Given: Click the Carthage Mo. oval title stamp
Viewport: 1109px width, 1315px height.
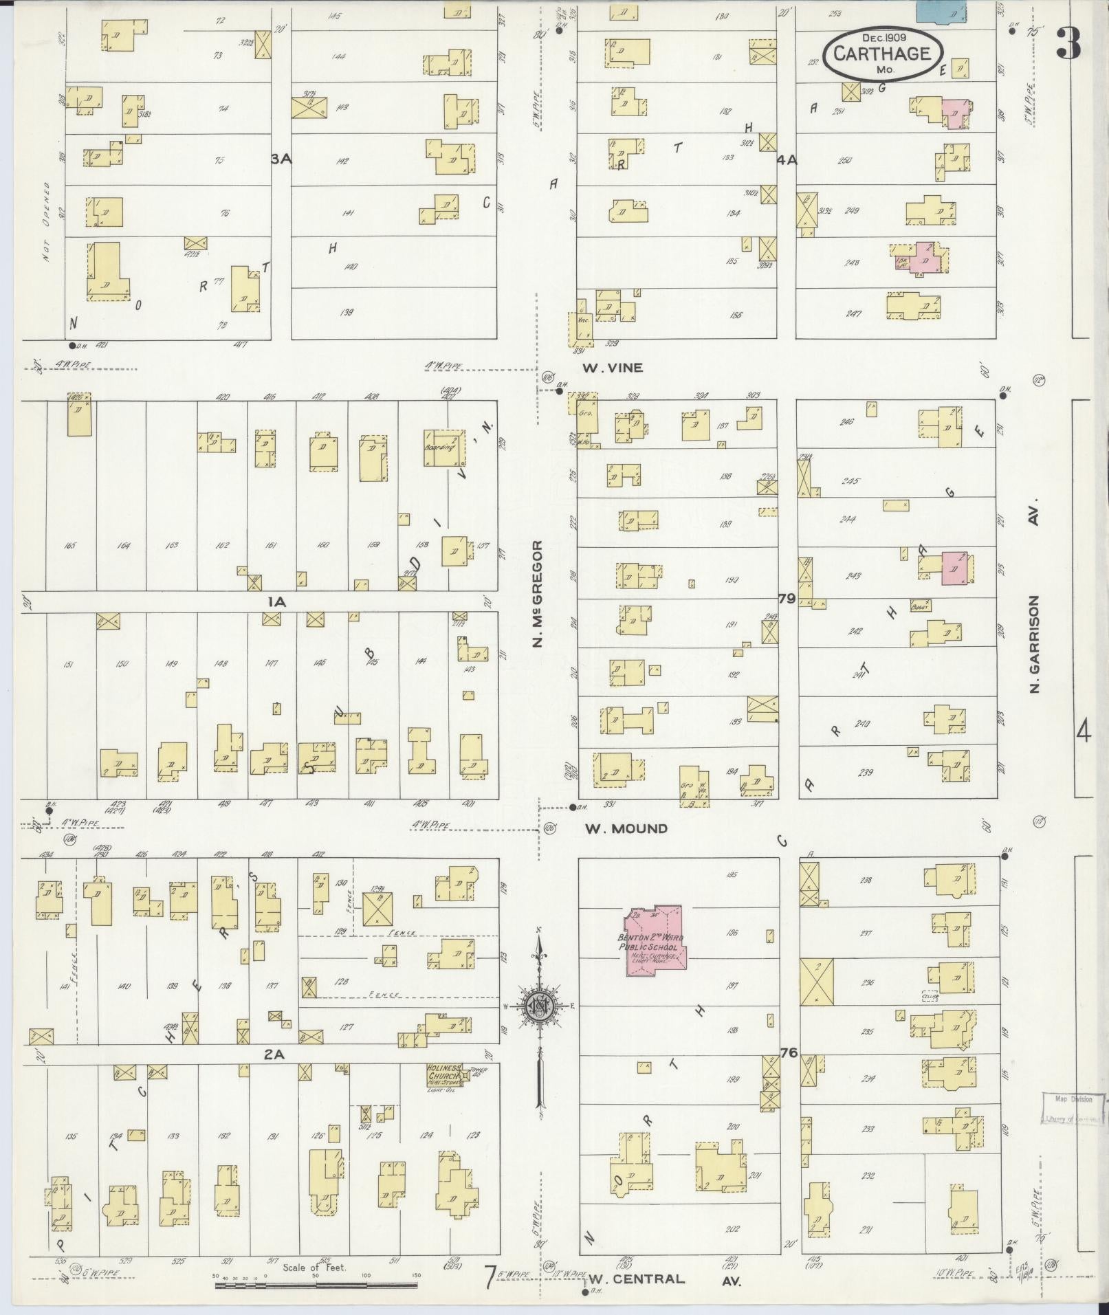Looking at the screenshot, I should [x=883, y=53].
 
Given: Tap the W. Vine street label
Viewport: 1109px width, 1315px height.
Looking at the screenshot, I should [x=613, y=368].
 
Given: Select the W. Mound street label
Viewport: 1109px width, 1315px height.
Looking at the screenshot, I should [x=626, y=828].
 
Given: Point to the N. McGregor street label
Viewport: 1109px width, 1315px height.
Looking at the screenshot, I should [x=538, y=593].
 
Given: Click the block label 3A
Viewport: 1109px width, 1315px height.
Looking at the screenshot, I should [x=281, y=159].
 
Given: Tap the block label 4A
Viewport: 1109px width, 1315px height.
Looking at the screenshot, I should [x=787, y=160].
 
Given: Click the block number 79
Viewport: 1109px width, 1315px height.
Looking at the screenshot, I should [x=787, y=598].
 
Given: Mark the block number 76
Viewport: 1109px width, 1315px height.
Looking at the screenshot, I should [x=788, y=1052].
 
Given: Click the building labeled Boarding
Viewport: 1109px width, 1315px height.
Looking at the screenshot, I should [x=442, y=447].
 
